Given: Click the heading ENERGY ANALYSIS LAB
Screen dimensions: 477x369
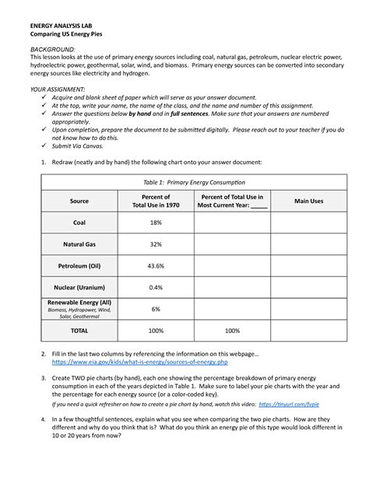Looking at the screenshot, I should pyautogui.click(x=62, y=25).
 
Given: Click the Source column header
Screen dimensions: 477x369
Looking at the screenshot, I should pyautogui.click(x=79, y=201).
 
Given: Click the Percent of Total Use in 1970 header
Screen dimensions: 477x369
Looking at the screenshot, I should pyautogui.click(x=155, y=201).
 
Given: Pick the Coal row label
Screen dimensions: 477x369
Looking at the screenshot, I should pyautogui.click(x=79, y=223).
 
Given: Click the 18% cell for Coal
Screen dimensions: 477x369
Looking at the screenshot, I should pyautogui.click(x=155, y=223).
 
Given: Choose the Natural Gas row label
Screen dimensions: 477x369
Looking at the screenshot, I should pyautogui.click(x=79, y=244).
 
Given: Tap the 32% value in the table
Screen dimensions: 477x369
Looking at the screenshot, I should pyautogui.click(x=155, y=244).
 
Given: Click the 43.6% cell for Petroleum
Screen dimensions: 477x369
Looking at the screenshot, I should pyautogui.click(x=155, y=265).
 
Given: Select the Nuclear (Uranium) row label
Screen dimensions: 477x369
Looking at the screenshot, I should pyautogui.click(x=79, y=287).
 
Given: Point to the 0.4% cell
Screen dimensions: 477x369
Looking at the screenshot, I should pyautogui.click(x=155, y=287).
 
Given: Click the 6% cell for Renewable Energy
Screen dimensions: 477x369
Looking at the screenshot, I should pyautogui.click(x=155, y=309).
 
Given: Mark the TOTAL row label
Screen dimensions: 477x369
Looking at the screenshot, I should pyautogui.click(x=79, y=331).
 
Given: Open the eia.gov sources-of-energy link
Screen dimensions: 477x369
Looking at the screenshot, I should pyautogui.click(x=139, y=363).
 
